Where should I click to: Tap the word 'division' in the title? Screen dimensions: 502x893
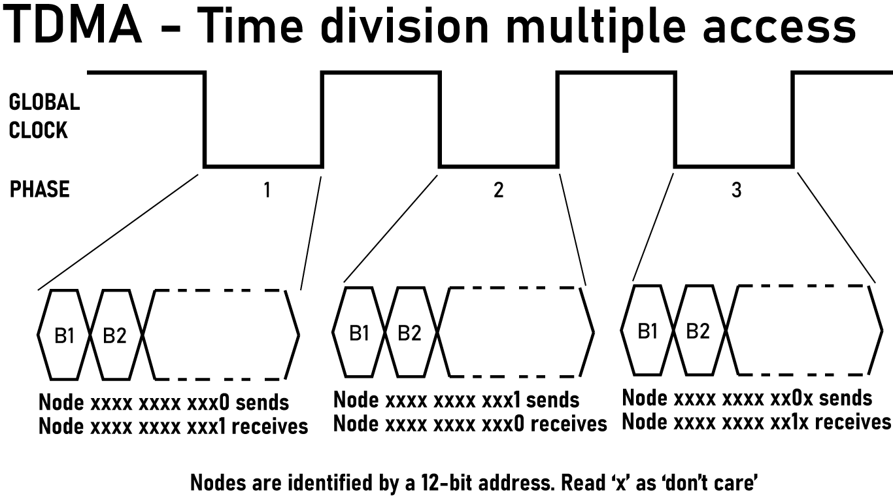point(404,26)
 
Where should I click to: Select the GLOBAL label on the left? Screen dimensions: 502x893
point(44,102)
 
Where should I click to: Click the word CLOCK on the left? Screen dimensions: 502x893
point(38,130)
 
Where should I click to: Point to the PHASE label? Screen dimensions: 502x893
point(39,190)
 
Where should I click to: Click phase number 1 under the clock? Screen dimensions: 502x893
point(266,190)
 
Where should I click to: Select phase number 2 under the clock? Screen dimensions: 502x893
point(499,190)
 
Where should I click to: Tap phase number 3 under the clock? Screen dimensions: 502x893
point(736,190)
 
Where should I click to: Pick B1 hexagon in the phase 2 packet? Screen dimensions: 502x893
point(359,333)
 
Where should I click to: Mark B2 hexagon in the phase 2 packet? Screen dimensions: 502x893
point(409,333)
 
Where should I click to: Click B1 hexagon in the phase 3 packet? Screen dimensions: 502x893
point(647,331)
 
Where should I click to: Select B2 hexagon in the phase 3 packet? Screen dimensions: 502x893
point(698,331)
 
